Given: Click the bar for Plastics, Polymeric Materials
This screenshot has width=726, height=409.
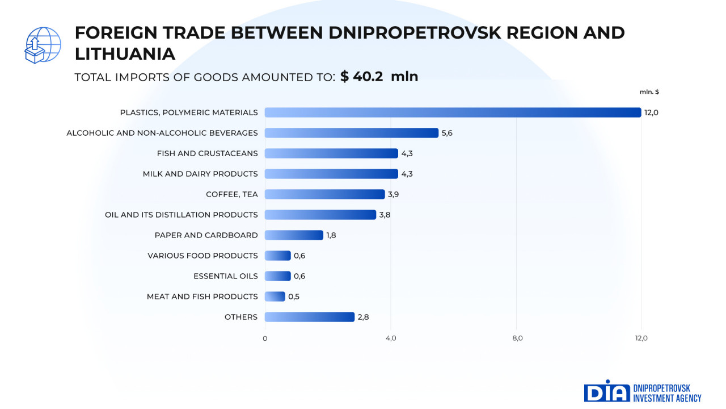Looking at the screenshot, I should (453, 112).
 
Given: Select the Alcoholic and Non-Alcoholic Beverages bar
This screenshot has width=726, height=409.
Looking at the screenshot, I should (352, 133).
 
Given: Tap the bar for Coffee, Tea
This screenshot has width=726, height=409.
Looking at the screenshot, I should (324, 194).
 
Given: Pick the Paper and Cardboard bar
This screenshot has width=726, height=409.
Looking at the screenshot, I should (294, 235).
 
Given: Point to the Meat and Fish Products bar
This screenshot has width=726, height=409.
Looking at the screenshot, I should (275, 297).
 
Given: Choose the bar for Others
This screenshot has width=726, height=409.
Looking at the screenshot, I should (309, 317).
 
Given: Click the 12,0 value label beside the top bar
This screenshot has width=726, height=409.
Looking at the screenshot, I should (651, 112).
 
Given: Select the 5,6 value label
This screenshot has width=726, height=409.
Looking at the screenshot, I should (447, 133).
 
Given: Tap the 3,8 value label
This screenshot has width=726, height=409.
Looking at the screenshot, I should (385, 215).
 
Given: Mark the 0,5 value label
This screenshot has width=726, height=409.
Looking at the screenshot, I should (294, 297).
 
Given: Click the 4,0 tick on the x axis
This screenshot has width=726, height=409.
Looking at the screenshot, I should (391, 339).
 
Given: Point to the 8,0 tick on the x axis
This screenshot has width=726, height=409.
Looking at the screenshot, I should (517, 339).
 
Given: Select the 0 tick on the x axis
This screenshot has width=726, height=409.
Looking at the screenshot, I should (265, 339).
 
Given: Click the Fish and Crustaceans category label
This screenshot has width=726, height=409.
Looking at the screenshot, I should (207, 153).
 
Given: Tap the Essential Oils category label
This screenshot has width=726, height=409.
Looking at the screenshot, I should (225, 276).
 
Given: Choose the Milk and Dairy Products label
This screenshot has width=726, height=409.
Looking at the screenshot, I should (200, 174).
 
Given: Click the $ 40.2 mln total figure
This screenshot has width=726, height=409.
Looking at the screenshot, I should (379, 77).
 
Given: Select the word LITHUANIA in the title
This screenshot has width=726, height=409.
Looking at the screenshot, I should (125, 54).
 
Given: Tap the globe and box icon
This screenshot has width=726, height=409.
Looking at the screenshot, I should (43, 45).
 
